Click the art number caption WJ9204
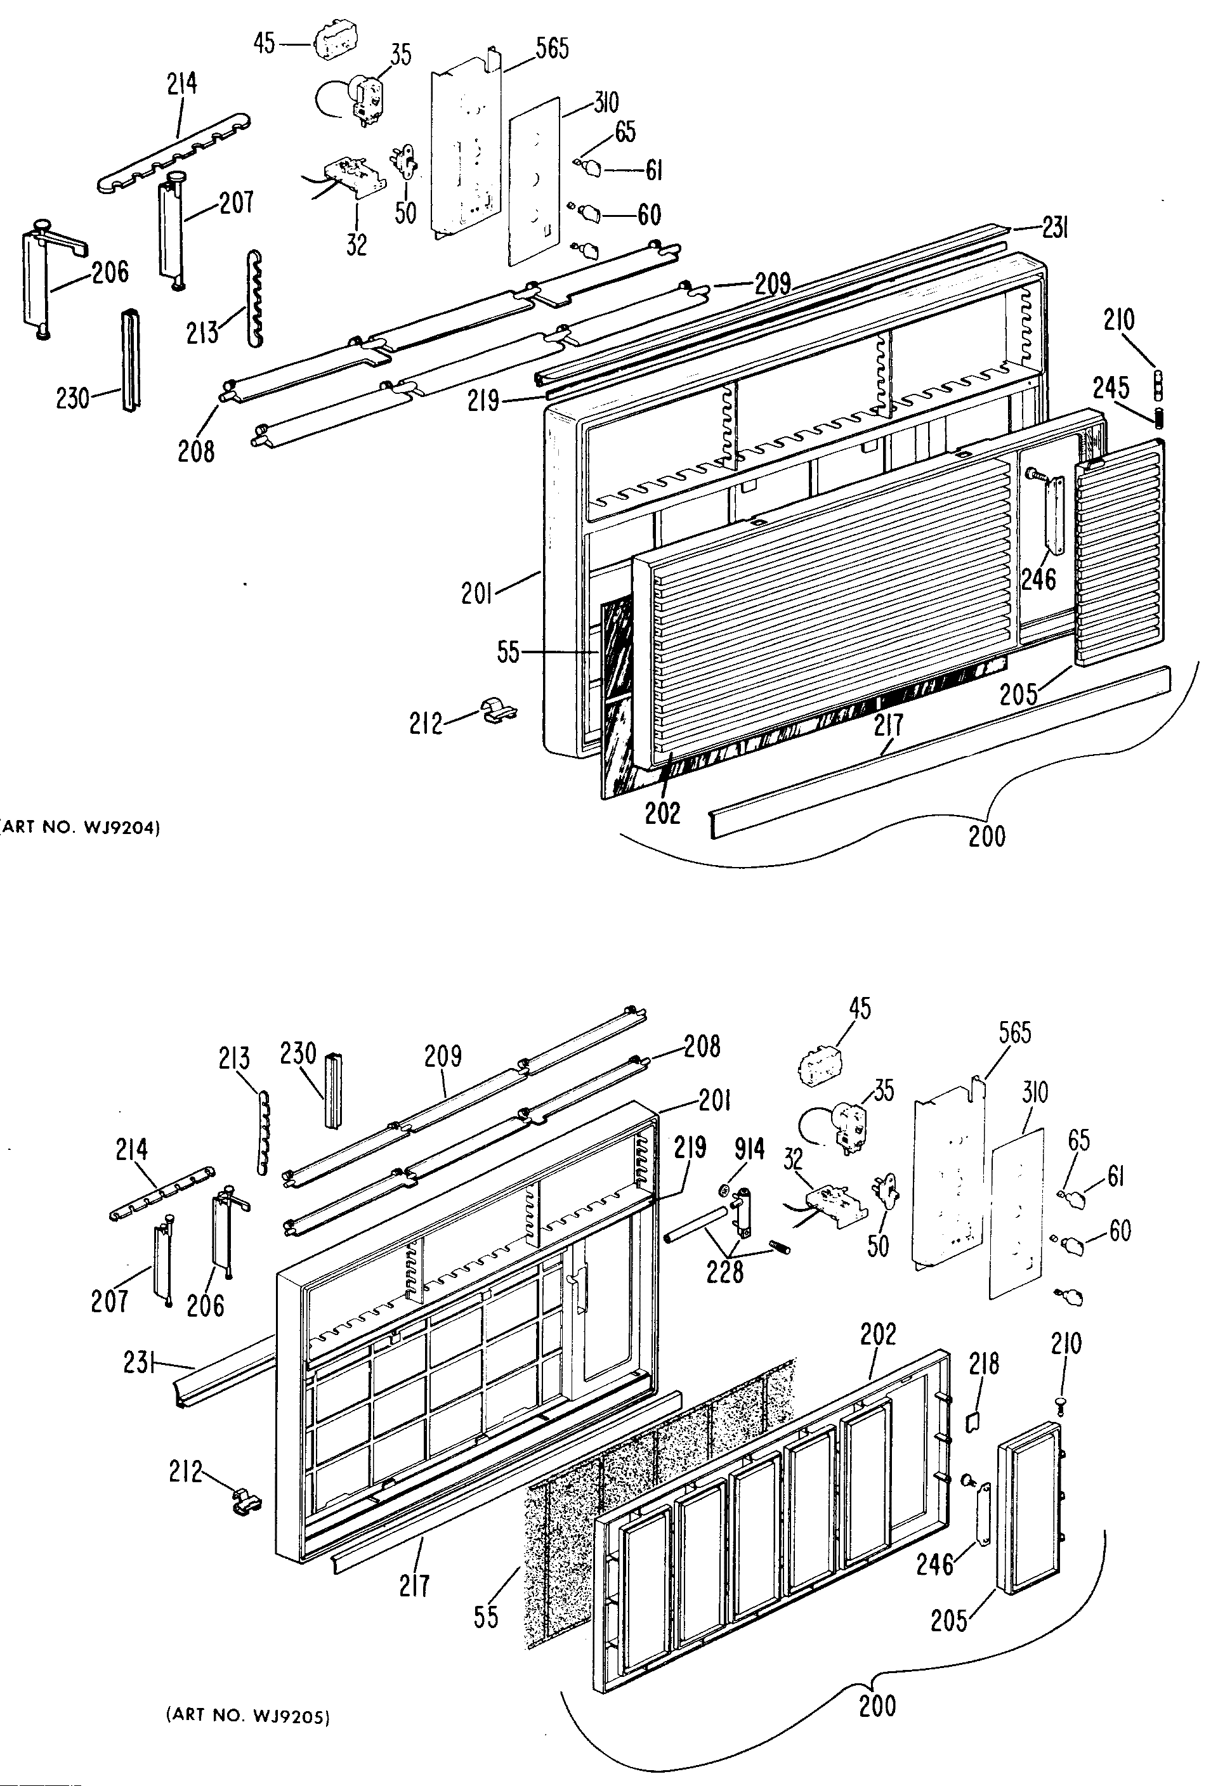click(80, 828)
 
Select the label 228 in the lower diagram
click(724, 1271)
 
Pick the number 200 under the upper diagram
click(986, 836)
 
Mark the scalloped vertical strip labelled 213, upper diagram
click(255, 296)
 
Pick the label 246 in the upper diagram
click(1038, 578)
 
